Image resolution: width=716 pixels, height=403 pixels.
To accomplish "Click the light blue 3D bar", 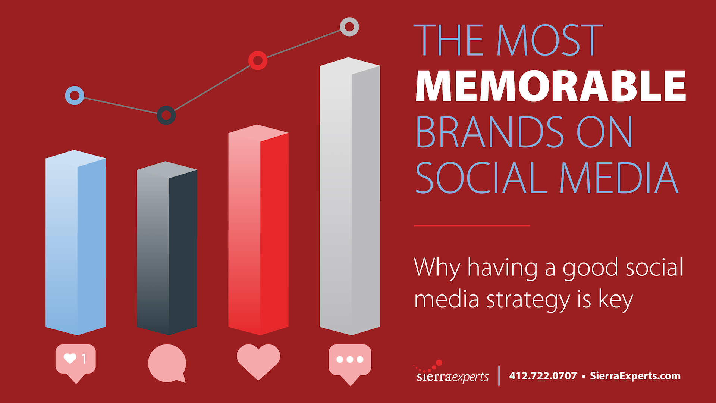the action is point(76,243).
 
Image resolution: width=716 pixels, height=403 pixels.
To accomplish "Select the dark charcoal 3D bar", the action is point(167,248).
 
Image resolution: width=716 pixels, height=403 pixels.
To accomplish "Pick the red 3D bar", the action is point(258,230).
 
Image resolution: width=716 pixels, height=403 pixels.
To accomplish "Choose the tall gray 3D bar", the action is point(350,196).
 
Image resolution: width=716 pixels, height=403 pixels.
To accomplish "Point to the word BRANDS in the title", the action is point(490,132).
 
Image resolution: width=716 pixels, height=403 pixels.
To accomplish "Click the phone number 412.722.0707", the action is point(543,376).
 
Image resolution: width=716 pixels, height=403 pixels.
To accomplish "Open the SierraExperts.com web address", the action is point(635,376).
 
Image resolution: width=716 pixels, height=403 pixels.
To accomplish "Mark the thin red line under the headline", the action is point(472,225).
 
